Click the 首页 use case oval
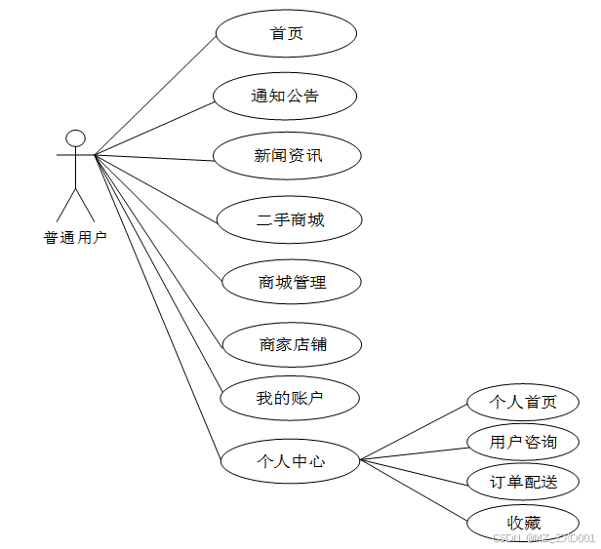[x=286, y=34]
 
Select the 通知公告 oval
[x=286, y=96]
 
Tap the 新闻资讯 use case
[x=288, y=156]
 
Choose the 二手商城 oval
[x=290, y=219]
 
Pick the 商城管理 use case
[x=292, y=283]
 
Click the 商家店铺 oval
[x=292, y=344]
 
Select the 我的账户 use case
[x=290, y=398]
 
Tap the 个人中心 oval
[x=290, y=461]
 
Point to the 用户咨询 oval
[x=524, y=443]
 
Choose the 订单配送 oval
[x=524, y=482]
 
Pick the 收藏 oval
[x=524, y=521]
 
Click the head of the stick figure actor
[x=75, y=137]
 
